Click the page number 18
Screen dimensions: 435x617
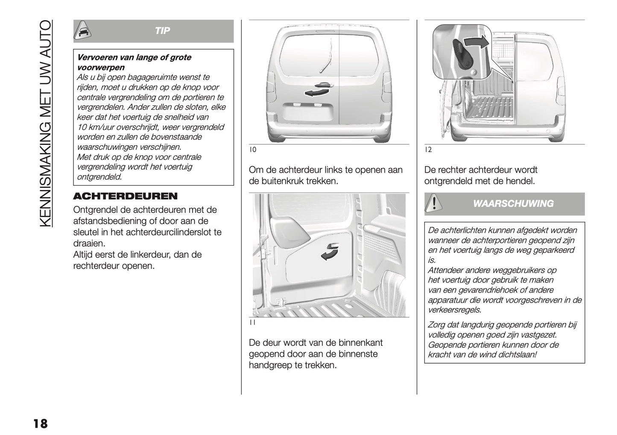tap(40, 423)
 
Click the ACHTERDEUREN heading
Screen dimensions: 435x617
tap(125, 196)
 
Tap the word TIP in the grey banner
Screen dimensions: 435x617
tap(162, 31)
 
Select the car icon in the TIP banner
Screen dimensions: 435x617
tap(83, 31)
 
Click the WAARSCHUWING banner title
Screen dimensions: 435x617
tap(513, 204)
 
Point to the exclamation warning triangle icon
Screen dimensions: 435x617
tap(434, 203)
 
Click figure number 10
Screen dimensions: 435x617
tap(253, 150)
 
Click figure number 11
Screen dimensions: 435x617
tap(252, 323)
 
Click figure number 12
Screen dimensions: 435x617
tap(428, 150)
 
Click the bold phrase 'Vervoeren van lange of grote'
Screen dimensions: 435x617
tap(134, 58)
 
